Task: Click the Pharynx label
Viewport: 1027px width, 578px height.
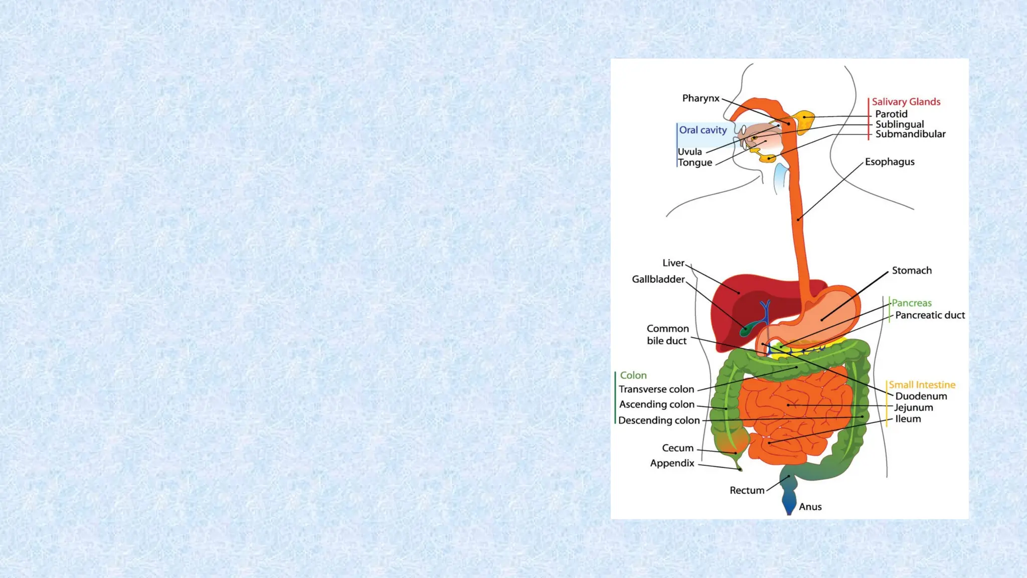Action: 701,98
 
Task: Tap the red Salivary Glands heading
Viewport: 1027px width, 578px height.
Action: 906,102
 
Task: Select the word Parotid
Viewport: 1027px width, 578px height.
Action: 891,114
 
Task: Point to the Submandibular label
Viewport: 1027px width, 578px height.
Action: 910,134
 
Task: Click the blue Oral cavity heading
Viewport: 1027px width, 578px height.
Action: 703,130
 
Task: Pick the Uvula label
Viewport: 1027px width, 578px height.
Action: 690,152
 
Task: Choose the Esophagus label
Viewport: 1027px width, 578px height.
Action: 890,162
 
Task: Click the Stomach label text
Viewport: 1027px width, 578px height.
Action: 912,270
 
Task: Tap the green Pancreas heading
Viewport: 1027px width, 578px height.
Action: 911,303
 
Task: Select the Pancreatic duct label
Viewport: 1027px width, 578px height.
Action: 930,315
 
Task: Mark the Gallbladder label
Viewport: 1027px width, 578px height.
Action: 658,279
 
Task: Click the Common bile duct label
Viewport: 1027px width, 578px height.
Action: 667,335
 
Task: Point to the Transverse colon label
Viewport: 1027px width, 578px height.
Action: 656,389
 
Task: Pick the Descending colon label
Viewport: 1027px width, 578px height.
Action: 658,420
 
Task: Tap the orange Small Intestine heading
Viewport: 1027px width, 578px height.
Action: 922,385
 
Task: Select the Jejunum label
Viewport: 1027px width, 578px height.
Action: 914,407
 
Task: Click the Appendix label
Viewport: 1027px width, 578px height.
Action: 672,463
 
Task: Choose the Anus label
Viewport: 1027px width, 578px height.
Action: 810,507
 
